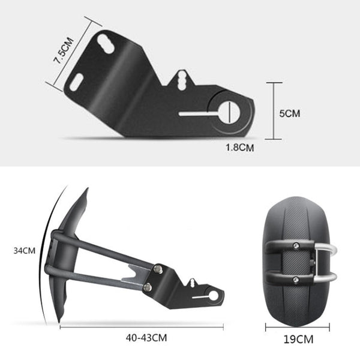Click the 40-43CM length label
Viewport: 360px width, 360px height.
[x=146, y=338]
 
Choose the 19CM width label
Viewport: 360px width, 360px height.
[x=298, y=340]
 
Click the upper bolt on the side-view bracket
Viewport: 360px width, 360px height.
[x=158, y=269]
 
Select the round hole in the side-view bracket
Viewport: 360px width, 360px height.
[x=212, y=295]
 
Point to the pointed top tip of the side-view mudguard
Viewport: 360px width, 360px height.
[x=86, y=191]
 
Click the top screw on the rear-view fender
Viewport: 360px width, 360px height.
[x=296, y=245]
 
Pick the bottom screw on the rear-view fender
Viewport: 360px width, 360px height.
[x=296, y=279]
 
